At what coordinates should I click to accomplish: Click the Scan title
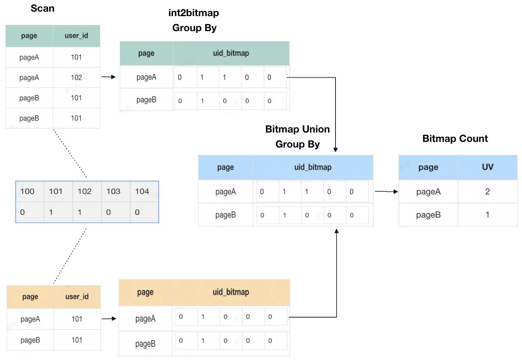click(x=43, y=8)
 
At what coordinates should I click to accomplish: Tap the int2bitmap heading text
click(x=194, y=13)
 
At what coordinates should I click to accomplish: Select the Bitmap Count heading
click(x=455, y=139)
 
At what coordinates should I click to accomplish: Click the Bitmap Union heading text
click(x=297, y=129)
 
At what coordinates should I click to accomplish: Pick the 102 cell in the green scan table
click(x=76, y=77)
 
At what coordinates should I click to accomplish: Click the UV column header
click(x=487, y=167)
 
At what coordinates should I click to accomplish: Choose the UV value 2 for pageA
click(x=487, y=192)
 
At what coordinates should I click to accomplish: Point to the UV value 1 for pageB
click(x=487, y=214)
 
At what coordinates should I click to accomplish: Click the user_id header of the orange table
click(x=77, y=297)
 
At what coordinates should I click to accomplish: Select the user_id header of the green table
click(x=76, y=36)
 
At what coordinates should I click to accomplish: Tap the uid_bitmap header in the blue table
click(x=313, y=167)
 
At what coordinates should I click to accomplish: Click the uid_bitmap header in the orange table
click(x=231, y=292)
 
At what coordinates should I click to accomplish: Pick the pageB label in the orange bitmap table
click(x=145, y=344)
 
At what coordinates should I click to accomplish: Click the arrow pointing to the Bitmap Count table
click(x=387, y=192)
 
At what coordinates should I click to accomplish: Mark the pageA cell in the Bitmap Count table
click(x=428, y=192)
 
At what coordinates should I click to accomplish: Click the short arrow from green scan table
click(x=108, y=77)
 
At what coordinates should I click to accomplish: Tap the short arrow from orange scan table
click(x=109, y=318)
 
